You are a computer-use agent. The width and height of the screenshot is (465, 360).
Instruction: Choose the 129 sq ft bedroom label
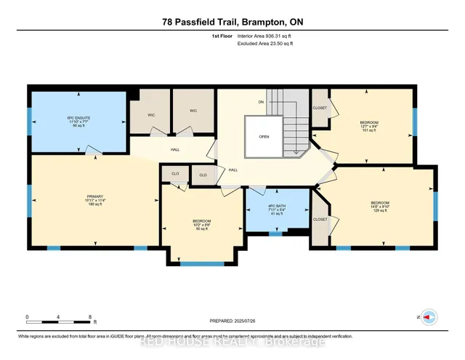click(380, 206)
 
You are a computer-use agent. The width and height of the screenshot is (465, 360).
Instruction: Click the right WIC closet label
click(193, 111)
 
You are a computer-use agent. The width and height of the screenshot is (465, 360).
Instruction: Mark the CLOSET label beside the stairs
click(320, 108)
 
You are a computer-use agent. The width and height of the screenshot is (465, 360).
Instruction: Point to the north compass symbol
click(429, 318)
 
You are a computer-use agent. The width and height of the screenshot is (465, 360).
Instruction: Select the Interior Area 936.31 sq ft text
click(268, 35)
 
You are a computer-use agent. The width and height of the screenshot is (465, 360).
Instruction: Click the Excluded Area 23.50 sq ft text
click(268, 44)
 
